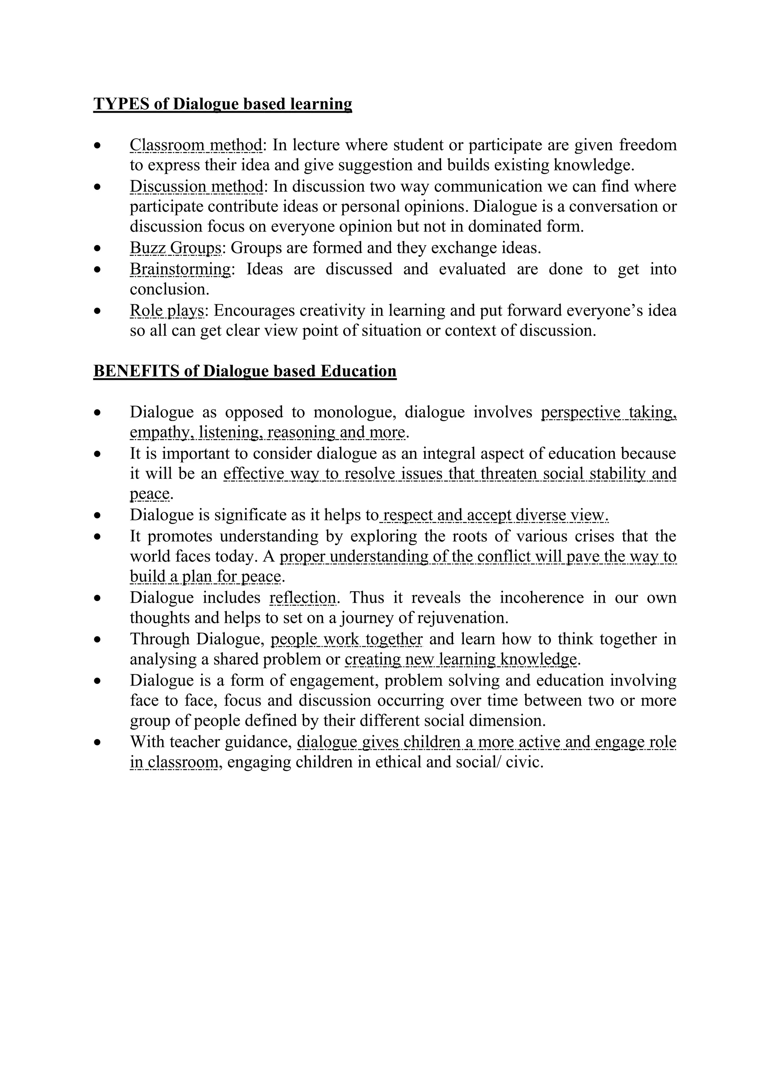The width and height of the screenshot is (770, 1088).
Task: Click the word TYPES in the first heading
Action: [x=121, y=104]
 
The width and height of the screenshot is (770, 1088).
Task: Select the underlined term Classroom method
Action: [x=196, y=145]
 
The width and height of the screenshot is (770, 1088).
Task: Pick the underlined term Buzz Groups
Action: [x=176, y=248]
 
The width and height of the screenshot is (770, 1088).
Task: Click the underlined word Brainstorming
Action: [x=180, y=269]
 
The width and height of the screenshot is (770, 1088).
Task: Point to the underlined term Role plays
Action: [x=167, y=310]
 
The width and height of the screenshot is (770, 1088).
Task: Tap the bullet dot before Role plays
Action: [x=98, y=311]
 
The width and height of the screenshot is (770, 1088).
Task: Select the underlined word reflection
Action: [x=303, y=598]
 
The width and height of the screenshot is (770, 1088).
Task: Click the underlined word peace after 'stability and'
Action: [x=149, y=494]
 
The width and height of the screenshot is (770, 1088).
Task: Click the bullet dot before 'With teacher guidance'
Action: [x=98, y=742]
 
